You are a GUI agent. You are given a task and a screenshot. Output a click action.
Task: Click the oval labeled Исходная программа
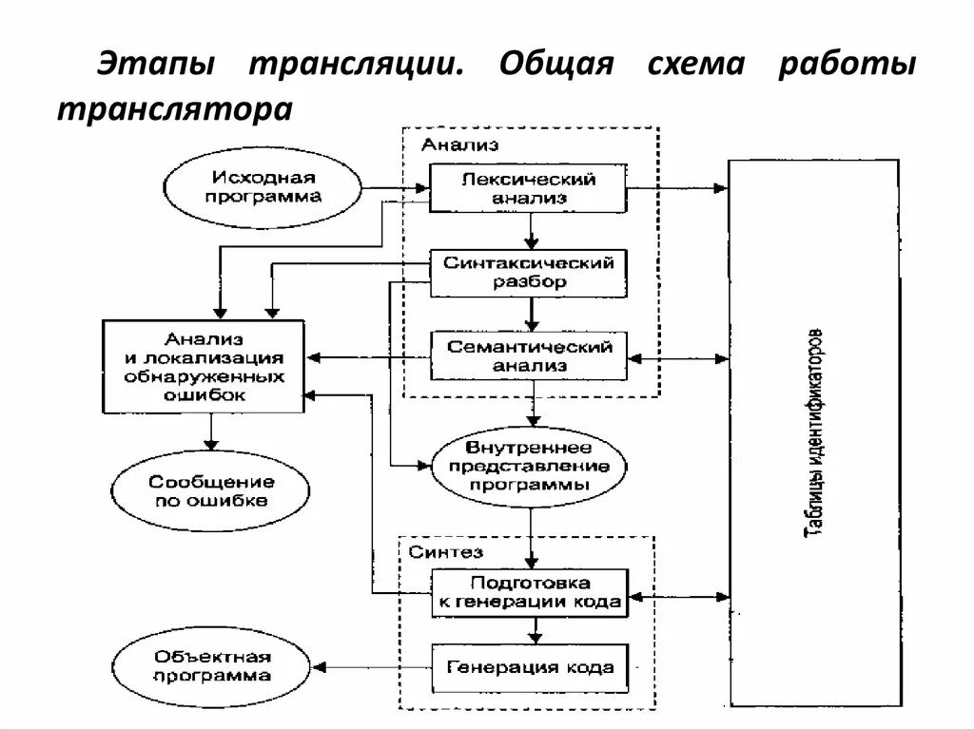[263, 187]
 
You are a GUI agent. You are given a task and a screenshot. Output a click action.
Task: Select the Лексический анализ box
[529, 188]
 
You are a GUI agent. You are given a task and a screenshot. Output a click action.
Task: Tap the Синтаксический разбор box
[529, 272]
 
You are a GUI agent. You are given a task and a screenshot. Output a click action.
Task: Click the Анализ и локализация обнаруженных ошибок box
[205, 367]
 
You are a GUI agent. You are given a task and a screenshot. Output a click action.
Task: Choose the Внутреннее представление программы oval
[529, 466]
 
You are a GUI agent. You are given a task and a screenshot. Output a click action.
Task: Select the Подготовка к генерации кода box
[529, 592]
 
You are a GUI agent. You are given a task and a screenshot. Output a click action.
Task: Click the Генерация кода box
[530, 666]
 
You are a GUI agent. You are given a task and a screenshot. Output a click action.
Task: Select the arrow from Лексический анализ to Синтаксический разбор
[533, 230]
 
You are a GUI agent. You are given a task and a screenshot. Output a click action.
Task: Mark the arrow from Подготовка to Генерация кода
[535, 628]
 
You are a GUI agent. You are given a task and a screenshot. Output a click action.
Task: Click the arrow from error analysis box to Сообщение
[211, 433]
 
